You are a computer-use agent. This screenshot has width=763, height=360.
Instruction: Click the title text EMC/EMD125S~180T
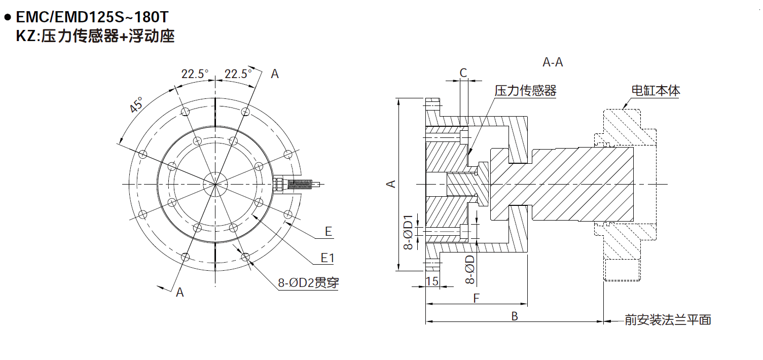(92, 17)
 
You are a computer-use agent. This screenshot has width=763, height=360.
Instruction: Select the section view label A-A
(553, 62)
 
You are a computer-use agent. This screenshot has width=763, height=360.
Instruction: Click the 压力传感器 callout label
(525, 91)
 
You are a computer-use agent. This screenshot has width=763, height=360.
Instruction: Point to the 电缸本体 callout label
(655, 91)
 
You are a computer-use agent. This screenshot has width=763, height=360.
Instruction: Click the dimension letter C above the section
(463, 73)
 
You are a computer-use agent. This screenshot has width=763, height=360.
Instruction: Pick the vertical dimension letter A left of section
(391, 184)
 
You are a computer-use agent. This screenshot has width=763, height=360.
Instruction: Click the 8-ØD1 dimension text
(408, 233)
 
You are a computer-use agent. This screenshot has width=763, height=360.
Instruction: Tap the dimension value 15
(432, 281)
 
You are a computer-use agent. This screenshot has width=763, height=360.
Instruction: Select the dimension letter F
(476, 299)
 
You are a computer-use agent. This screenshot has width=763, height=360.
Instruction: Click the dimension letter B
(514, 316)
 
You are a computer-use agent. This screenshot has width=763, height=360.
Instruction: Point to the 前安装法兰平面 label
(668, 320)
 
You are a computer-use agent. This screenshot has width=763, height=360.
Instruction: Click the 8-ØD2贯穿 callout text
(308, 283)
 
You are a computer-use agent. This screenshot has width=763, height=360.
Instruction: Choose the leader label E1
(328, 258)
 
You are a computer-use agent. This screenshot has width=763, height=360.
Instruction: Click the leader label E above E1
(329, 232)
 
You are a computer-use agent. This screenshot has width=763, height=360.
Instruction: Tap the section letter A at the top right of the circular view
(274, 74)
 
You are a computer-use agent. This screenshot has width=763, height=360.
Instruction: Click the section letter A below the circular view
(179, 293)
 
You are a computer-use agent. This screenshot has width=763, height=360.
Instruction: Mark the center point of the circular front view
(215, 184)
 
